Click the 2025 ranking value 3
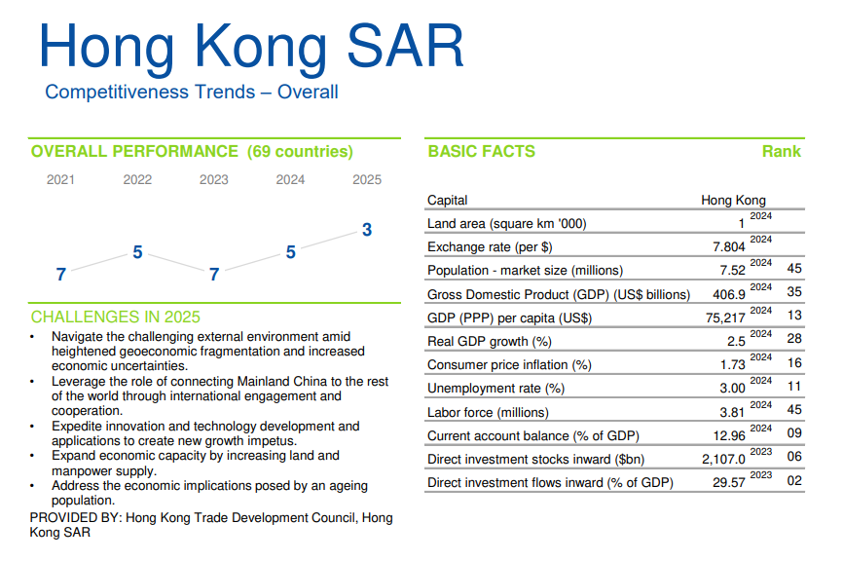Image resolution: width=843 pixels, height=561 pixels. [367, 231]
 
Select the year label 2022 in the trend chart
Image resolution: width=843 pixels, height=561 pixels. [137, 179]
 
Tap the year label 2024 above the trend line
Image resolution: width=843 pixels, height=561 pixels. [290, 179]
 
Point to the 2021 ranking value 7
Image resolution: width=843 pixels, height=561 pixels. [61, 275]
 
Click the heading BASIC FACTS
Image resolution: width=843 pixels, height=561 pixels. [481, 152]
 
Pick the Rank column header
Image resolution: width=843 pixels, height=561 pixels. [782, 152]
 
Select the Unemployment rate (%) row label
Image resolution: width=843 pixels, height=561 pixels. [495, 389]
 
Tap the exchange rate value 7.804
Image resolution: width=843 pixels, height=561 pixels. [729, 246]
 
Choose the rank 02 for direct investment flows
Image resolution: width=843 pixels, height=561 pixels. [794, 482]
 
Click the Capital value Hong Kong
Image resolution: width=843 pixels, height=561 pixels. [733, 201]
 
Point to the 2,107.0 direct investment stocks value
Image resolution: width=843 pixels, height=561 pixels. [721, 459]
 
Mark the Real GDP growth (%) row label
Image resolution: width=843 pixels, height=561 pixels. [490, 341]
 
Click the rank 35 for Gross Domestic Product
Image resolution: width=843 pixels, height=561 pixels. [794, 293]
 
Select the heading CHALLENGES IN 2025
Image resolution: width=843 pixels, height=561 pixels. [115, 318]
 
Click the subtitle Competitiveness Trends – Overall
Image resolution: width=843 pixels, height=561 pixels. [192, 93]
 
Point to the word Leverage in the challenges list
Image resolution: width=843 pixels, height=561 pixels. [81, 382]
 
